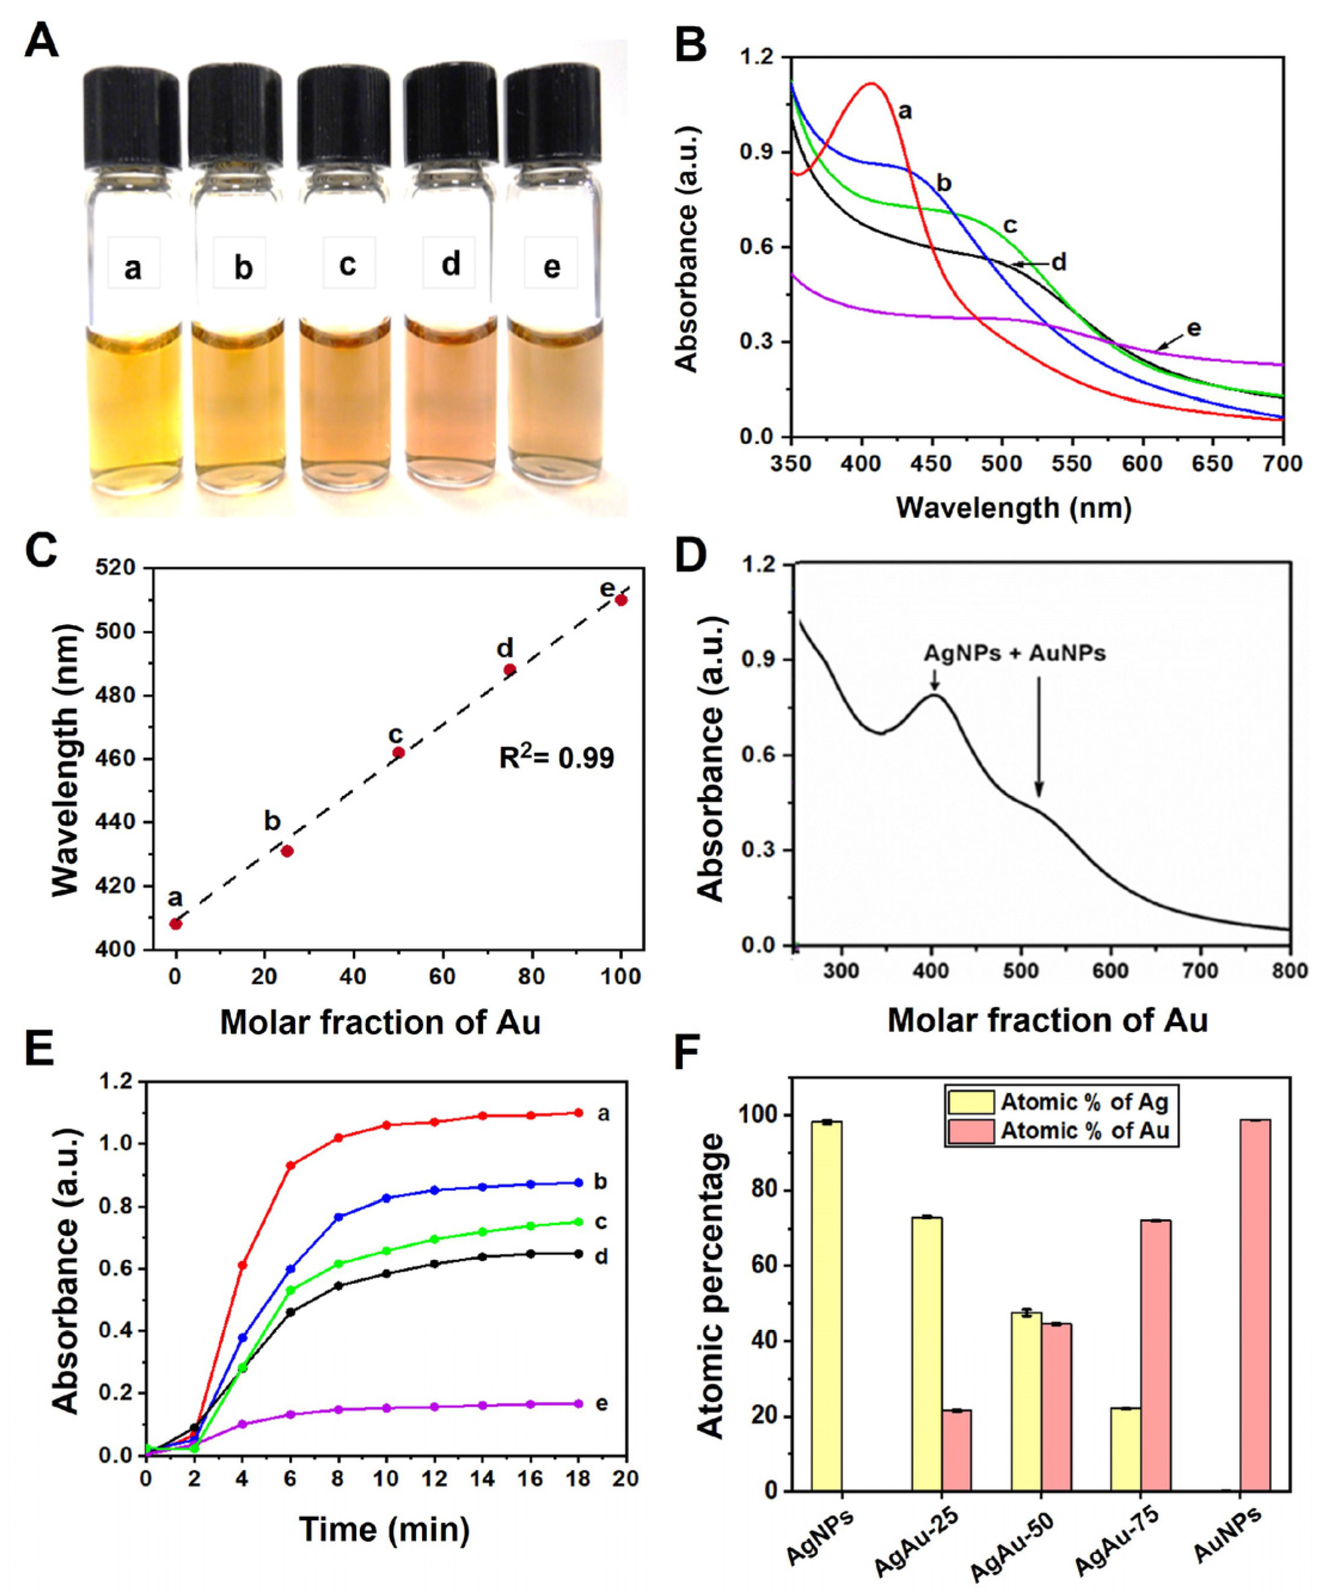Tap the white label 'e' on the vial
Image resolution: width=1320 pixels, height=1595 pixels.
tap(552, 267)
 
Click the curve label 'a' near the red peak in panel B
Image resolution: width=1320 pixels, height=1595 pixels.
tap(904, 112)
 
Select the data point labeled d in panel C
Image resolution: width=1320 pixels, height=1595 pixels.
tap(510, 669)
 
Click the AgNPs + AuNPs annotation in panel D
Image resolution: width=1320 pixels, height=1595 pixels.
tap(1014, 653)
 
